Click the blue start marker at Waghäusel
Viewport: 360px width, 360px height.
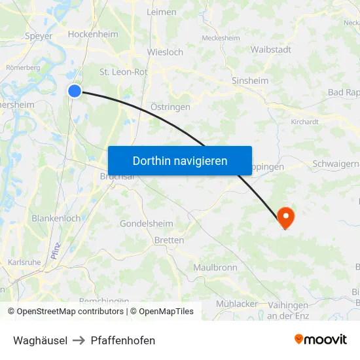coord(75,91)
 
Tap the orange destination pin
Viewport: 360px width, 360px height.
coord(286,216)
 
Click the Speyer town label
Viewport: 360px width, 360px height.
coord(38,36)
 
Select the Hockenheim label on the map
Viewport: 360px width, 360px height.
coord(93,34)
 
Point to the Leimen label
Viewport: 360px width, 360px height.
coord(162,12)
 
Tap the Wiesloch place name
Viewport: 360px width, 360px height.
coord(165,52)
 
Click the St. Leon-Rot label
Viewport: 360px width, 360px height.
coord(123,72)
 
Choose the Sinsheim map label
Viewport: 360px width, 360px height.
coord(250,81)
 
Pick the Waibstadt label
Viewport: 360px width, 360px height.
coord(270,49)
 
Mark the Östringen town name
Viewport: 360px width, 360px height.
coord(170,107)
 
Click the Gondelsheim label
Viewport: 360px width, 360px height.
coord(146,224)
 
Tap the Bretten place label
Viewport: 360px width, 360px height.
coord(169,240)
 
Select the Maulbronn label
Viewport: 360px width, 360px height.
coord(215,268)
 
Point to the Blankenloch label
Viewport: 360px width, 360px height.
coord(56,218)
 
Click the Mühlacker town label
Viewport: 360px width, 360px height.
coord(236,304)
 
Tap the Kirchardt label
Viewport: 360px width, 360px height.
coord(304,122)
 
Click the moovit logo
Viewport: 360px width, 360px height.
coord(320,340)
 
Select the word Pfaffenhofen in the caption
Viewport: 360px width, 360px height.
coord(123,340)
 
